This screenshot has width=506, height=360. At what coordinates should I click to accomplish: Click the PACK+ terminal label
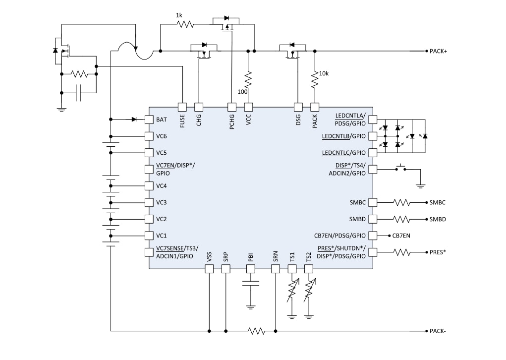tap(438, 51)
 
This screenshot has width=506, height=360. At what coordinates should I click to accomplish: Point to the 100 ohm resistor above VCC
tap(248, 79)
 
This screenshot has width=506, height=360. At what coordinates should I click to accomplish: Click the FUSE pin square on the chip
tap(182, 107)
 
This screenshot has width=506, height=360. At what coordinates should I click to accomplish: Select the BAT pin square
tap(149, 120)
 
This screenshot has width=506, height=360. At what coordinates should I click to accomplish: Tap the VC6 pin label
tap(161, 136)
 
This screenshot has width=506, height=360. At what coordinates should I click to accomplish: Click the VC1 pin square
tap(149, 235)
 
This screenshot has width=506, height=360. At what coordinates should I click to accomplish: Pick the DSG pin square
tap(298, 107)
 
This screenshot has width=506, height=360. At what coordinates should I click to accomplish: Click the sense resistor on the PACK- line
tap(256, 331)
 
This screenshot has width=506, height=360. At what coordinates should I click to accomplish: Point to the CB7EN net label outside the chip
tap(401, 236)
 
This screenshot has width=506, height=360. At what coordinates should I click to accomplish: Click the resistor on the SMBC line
tap(402, 202)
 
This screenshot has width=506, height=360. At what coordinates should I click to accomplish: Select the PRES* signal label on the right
tap(437, 252)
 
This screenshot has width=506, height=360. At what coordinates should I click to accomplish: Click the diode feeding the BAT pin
tap(134, 120)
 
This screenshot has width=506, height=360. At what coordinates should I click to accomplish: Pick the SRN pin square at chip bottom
tap(275, 269)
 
